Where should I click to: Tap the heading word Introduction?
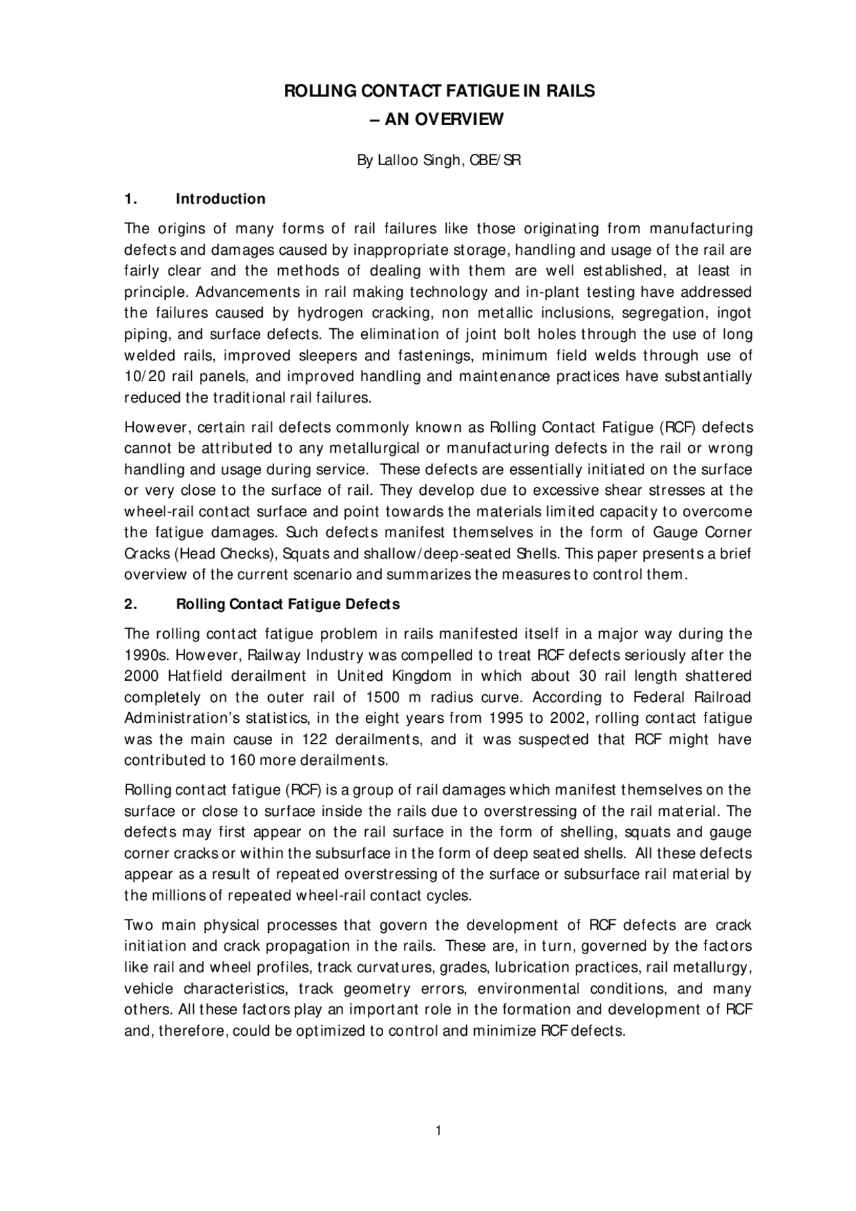[220, 199]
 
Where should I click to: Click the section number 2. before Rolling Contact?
[131, 604]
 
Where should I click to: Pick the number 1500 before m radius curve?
[383, 697]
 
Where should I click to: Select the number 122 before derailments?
[314, 740]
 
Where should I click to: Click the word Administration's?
[178, 719]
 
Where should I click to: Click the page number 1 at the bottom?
[438, 1131]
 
